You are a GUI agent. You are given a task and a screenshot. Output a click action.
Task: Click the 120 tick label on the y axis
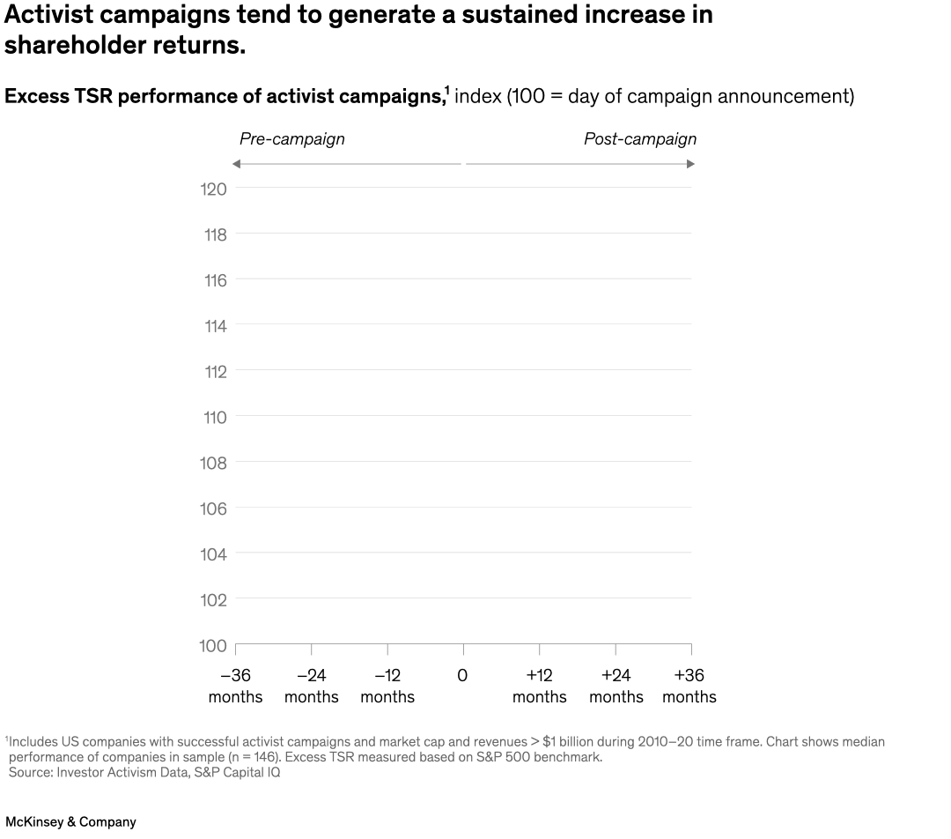point(215,189)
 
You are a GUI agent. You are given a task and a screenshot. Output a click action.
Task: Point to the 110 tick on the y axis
point(215,418)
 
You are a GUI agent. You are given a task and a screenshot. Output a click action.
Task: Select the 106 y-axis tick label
point(215,509)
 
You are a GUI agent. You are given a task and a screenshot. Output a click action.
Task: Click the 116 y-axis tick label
point(215,280)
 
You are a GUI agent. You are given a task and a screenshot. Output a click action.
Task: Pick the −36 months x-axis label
point(235,686)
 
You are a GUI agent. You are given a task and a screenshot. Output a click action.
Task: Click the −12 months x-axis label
point(387,686)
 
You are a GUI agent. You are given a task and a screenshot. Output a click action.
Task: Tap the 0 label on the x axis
point(462,676)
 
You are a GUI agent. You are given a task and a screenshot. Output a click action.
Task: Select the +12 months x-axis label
point(539,686)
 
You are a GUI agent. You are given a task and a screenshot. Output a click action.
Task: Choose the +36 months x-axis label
point(689,686)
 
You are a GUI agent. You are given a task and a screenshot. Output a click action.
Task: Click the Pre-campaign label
point(291,139)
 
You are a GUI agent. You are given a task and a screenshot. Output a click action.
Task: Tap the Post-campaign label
point(640,139)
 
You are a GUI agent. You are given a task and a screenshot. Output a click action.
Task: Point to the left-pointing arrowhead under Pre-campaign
point(236,164)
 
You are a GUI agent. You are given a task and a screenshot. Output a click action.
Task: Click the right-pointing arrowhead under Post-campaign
point(690,164)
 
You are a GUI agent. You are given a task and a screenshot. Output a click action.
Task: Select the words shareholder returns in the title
point(124,46)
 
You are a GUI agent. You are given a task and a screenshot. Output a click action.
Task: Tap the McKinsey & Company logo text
point(70,821)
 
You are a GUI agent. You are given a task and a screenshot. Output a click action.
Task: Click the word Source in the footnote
point(30,772)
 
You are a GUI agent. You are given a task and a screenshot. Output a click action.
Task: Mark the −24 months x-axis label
point(311,686)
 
